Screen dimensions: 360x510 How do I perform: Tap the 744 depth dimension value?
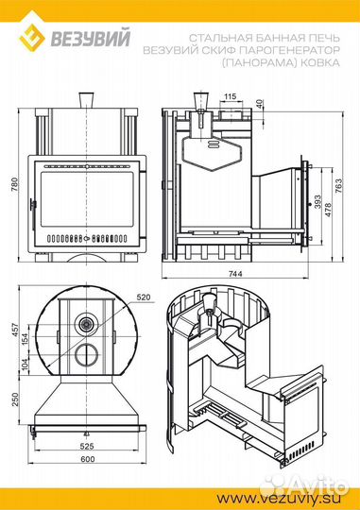[235, 274]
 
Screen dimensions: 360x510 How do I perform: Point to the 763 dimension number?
[338, 186]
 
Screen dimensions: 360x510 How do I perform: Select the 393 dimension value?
[317, 202]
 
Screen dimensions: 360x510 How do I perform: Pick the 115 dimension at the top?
[231, 96]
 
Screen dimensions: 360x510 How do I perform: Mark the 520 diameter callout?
[144, 297]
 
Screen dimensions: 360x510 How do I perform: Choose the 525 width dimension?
[87, 446]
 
